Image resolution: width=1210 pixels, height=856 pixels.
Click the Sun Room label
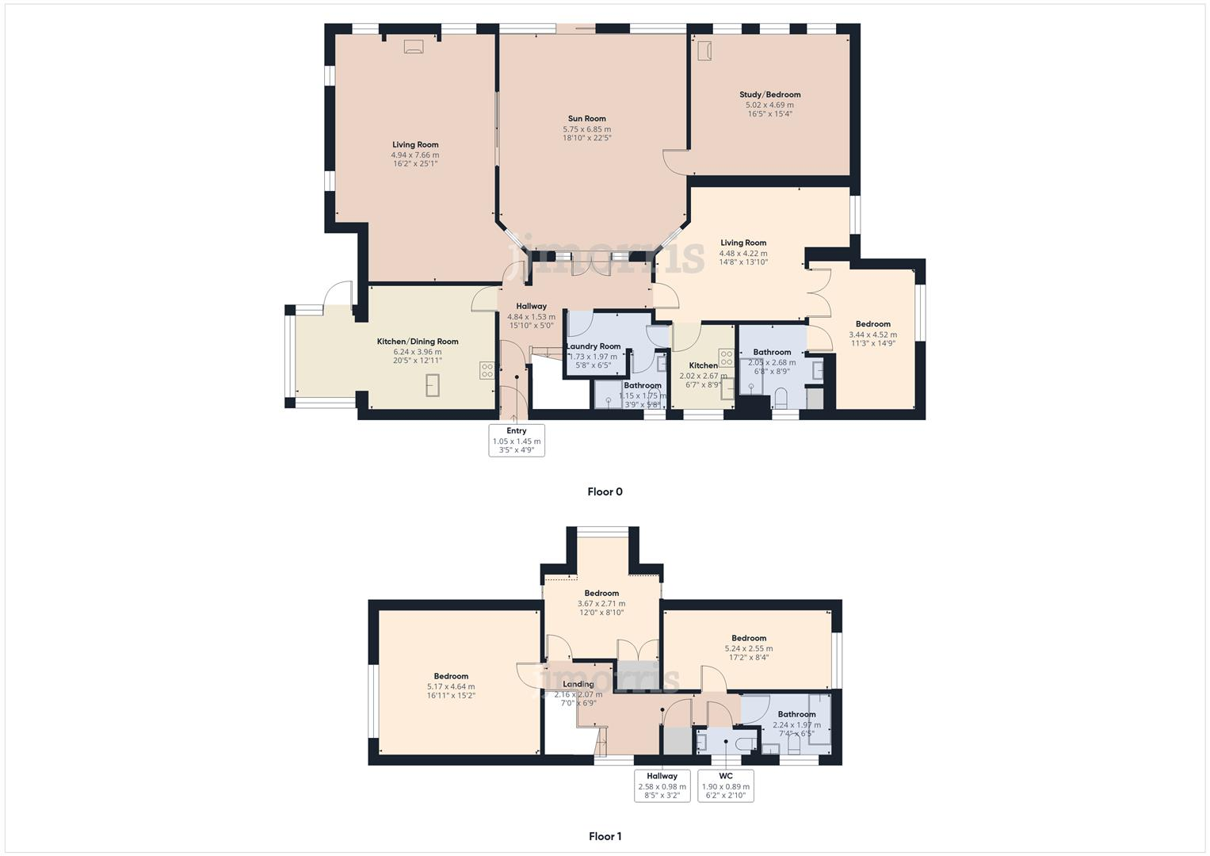[x=586, y=119]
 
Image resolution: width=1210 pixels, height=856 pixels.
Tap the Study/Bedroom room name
[x=769, y=94]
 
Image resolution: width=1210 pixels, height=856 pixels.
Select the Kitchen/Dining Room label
[x=417, y=342]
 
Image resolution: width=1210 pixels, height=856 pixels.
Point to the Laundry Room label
[x=593, y=346]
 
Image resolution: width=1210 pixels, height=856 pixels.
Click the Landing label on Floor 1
[x=578, y=684]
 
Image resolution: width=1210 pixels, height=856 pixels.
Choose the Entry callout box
[x=517, y=440]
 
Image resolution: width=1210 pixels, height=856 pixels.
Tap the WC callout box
[x=725, y=785]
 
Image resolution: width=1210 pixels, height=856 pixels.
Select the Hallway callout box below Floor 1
[x=662, y=785]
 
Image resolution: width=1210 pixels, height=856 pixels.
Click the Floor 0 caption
[x=605, y=491]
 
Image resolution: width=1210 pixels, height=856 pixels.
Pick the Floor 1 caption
[x=605, y=836]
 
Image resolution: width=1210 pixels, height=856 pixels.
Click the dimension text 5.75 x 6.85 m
[x=586, y=129]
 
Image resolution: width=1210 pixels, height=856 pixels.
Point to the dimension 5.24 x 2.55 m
[x=748, y=648]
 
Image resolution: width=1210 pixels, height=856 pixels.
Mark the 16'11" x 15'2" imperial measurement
[x=451, y=696]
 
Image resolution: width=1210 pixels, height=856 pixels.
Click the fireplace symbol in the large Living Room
[x=413, y=47]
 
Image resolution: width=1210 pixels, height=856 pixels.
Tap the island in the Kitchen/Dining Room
[x=433, y=385]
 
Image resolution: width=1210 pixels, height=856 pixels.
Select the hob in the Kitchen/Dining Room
[x=487, y=369]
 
